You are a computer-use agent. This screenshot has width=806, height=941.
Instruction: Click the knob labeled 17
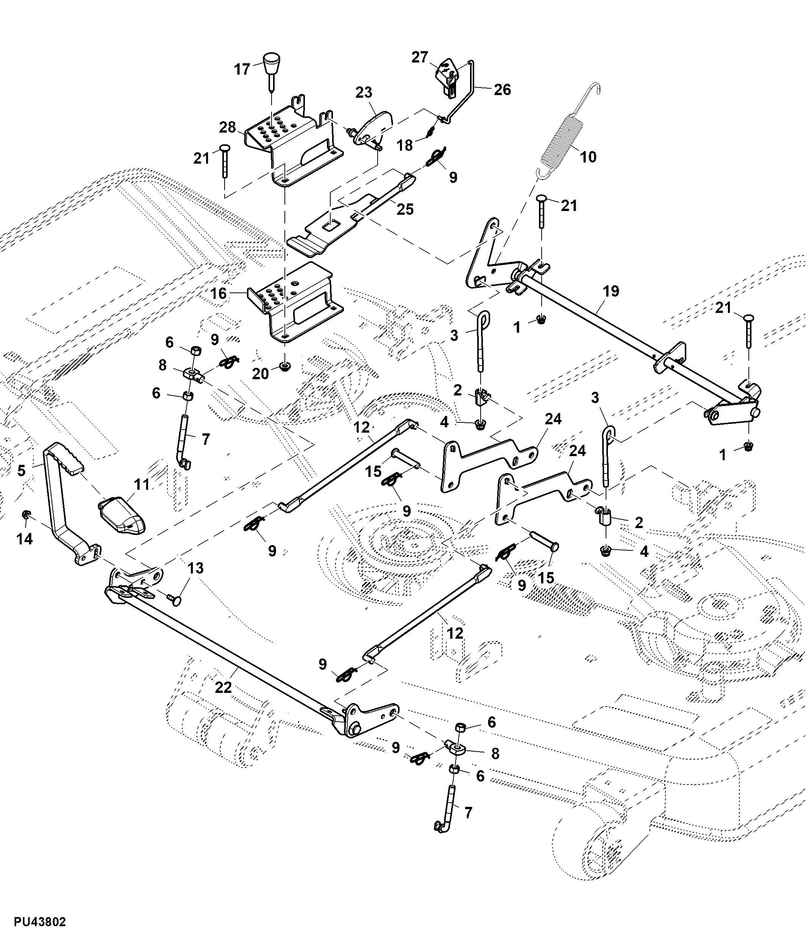(x=271, y=63)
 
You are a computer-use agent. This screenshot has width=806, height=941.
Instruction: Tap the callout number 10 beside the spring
(x=588, y=157)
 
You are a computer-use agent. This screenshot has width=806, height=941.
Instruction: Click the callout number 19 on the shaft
(x=611, y=291)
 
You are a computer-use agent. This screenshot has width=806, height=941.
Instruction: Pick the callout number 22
(x=223, y=687)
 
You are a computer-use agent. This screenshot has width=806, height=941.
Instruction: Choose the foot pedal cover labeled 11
(x=122, y=516)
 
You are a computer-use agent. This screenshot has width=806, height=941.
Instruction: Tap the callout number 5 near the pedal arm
(x=21, y=470)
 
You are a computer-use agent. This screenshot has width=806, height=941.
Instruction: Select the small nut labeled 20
(x=285, y=366)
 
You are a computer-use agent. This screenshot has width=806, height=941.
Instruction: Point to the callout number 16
(x=218, y=293)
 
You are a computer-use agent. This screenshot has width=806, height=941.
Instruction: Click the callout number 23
(x=364, y=92)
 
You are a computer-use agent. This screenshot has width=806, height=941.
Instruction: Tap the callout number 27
(x=420, y=57)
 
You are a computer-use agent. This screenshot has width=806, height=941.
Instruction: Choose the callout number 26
(x=502, y=89)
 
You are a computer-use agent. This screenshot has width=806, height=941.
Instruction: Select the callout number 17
(x=242, y=69)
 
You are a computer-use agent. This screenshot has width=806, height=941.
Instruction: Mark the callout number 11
(x=142, y=485)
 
